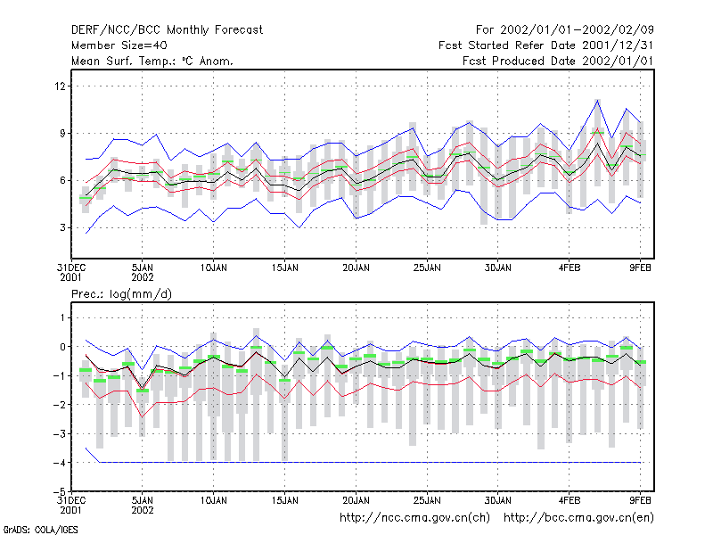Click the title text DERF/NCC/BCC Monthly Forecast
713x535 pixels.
(167, 30)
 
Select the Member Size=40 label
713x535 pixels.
(119, 45)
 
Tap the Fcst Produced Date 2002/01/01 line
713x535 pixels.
(558, 61)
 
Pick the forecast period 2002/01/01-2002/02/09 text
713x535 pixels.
(577, 30)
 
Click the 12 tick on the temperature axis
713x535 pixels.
(61, 86)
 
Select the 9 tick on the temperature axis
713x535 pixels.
(62, 133)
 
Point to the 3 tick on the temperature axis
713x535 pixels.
(62, 227)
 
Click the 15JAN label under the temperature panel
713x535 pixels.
(285, 268)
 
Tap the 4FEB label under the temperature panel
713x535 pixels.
(570, 268)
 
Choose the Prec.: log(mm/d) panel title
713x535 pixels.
(121, 294)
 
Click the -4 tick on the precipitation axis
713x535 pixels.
(60, 463)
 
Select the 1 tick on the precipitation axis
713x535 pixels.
(62, 317)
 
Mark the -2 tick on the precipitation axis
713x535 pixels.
(60, 405)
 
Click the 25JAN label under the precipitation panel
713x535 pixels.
(427, 500)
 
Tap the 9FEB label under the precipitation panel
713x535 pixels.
(640, 500)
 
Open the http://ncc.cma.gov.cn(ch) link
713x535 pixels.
(414, 518)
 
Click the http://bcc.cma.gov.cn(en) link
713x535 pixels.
(578, 518)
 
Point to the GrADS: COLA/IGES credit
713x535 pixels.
(40, 530)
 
